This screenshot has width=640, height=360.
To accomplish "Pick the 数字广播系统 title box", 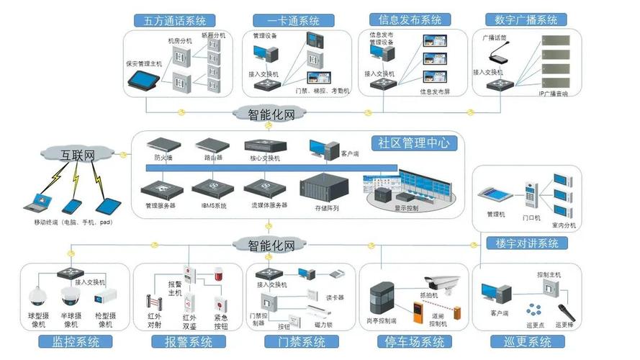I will pos(521,20).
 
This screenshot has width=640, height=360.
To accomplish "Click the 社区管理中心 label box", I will pos(413,143).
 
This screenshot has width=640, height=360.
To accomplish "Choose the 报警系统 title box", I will pos(182,342).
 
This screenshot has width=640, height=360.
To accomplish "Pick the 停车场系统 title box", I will pos(414,342).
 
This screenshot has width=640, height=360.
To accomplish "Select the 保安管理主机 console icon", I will pos(144,81).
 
